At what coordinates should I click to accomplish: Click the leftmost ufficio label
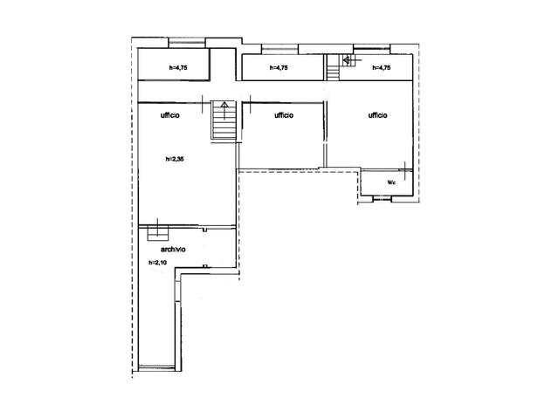point(170,115)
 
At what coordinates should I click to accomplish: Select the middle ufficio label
point(284,115)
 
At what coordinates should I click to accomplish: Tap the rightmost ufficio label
point(377,115)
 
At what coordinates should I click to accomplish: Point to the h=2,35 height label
point(175,159)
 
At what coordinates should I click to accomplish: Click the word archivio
point(173,250)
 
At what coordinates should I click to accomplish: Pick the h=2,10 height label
point(157,263)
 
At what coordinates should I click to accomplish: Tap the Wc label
point(391,182)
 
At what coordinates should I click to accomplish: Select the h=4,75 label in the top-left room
point(178,68)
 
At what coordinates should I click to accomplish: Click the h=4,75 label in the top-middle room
point(279,68)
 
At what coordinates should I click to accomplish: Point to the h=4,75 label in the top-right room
point(382,68)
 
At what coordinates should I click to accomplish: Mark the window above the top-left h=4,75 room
point(187,43)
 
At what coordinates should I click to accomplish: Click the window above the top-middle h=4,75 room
point(279,49)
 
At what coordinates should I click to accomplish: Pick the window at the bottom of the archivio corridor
point(157,367)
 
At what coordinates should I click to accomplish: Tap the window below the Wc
point(383,198)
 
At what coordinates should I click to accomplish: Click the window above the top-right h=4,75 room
point(371,49)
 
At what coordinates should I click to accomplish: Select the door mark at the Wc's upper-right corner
point(405,170)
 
